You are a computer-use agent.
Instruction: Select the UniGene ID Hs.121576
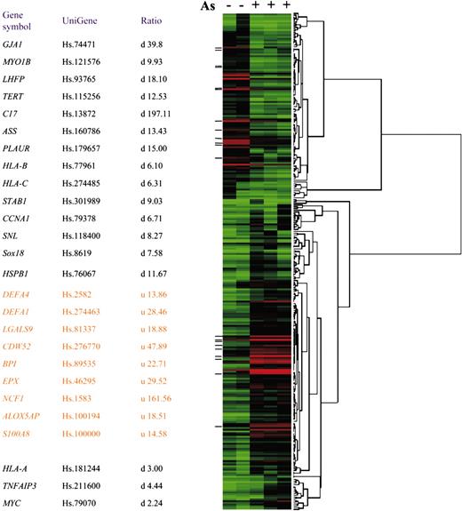pos(85,63)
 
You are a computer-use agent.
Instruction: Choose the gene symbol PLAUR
pos(19,149)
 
